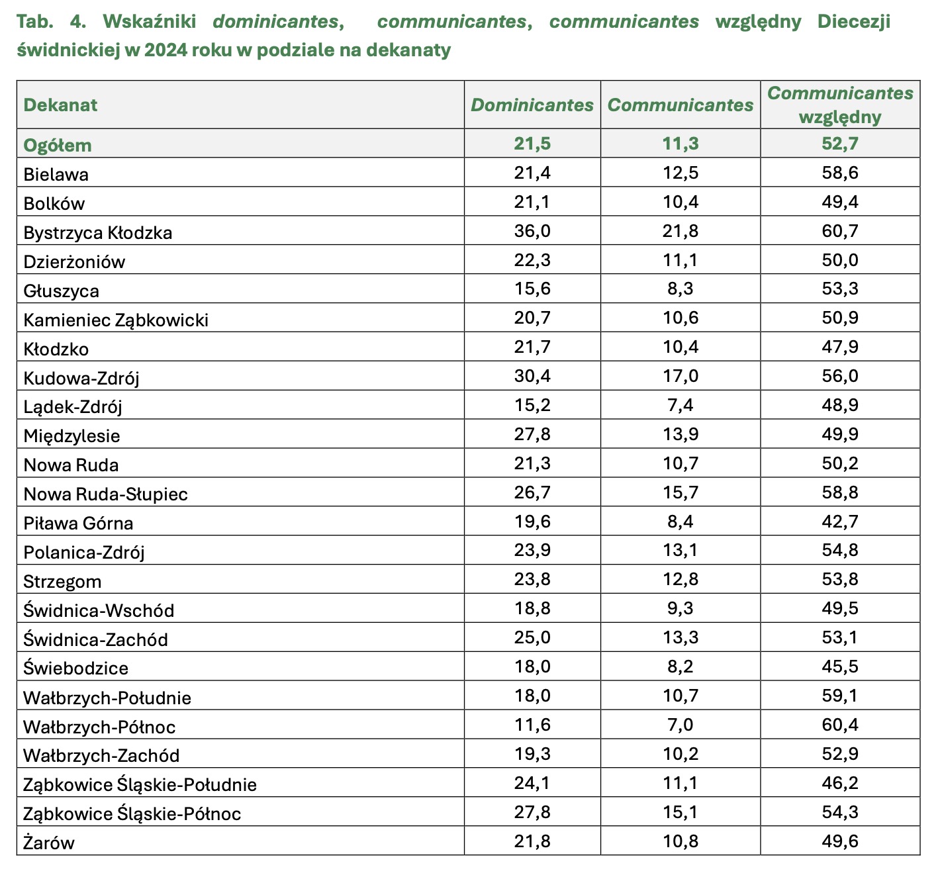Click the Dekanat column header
(60, 105)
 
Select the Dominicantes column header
(532, 105)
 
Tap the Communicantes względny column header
(840, 105)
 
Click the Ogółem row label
(58, 145)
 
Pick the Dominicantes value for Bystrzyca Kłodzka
(532, 231)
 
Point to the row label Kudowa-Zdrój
(81, 378)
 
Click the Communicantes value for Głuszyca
(681, 289)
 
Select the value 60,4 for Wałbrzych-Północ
(840, 725)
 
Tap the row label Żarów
(49, 843)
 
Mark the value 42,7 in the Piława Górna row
(840, 522)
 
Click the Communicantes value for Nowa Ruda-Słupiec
(681, 492)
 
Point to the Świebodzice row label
(76, 669)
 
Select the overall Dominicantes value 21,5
(532, 144)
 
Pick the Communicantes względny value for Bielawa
(840, 173)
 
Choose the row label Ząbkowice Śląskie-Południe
(140, 785)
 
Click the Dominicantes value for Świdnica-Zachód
(532, 638)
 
